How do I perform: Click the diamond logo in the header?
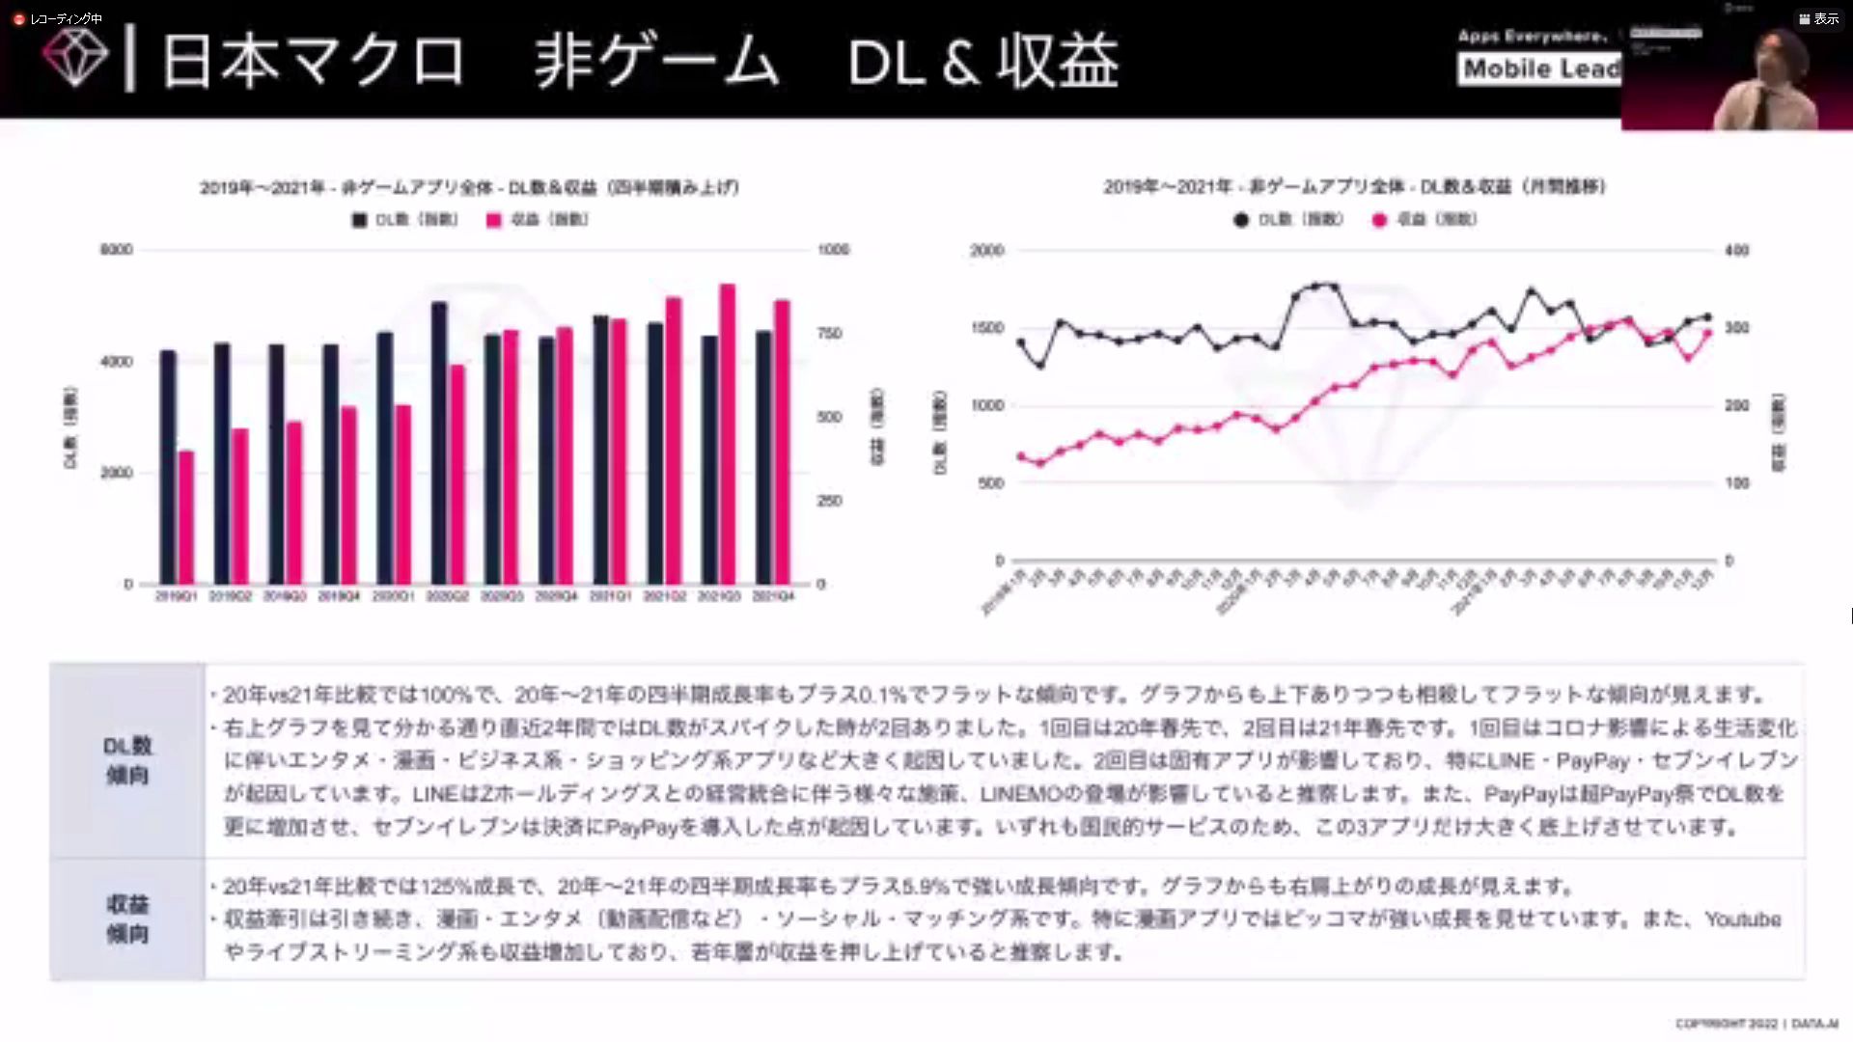click(x=74, y=58)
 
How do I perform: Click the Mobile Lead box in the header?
click(x=1540, y=69)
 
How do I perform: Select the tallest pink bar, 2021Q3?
click(x=728, y=433)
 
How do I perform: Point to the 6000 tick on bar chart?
click(x=117, y=250)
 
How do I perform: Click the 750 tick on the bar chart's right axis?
click(x=830, y=334)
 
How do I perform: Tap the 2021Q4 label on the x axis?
click(x=773, y=597)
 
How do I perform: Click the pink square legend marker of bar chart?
click(x=494, y=220)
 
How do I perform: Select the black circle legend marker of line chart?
click(x=1241, y=220)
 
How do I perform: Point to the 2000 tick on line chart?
click(x=986, y=251)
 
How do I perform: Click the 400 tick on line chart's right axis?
click(x=1736, y=251)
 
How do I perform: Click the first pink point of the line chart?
click(x=1021, y=456)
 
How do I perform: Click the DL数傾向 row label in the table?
click(x=127, y=760)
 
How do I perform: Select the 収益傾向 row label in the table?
click(x=127, y=919)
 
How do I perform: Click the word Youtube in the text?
click(x=1742, y=919)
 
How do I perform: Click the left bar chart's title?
click(x=469, y=187)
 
